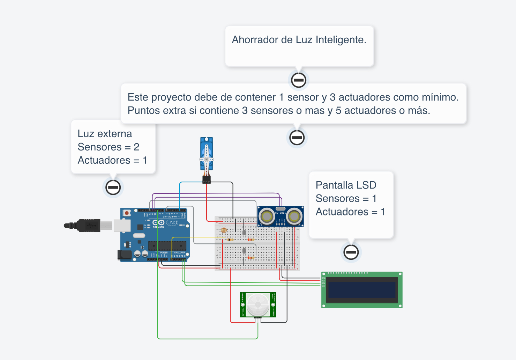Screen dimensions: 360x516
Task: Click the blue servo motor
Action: point(207,154)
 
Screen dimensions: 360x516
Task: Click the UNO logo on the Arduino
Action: point(172,223)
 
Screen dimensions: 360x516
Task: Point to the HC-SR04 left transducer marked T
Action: point(267,216)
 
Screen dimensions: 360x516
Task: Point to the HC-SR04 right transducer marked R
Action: point(294,216)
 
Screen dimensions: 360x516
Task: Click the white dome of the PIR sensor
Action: point(258,304)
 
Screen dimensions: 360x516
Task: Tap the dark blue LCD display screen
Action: point(362,290)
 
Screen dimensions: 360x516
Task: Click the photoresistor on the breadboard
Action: point(224,230)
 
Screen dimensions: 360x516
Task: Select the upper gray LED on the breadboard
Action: point(244,232)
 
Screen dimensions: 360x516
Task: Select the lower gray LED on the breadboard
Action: point(244,250)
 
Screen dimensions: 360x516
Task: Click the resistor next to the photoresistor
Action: point(230,240)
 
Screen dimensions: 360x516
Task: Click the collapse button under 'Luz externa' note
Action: point(113,188)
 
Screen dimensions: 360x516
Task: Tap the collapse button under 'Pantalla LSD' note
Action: point(351,252)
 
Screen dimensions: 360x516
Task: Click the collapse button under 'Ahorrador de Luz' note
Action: point(299,80)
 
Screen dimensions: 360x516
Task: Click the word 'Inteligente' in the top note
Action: point(341,40)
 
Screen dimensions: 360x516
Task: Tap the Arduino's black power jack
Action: point(125,255)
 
